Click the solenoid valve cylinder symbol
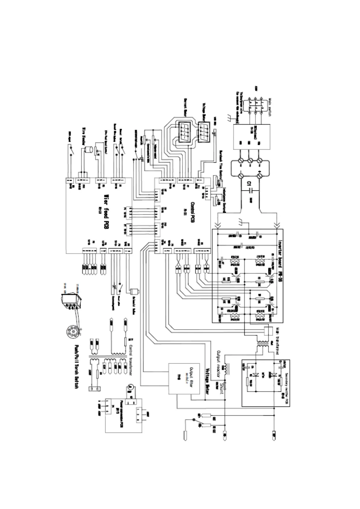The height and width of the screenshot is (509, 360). pyautogui.click(x=134, y=292)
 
